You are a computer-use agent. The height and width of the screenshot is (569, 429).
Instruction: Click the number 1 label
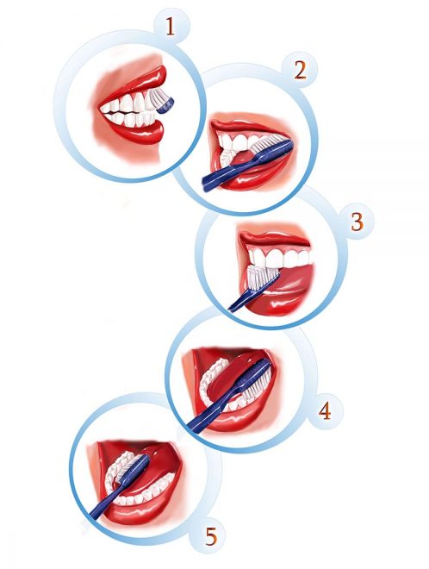(170, 27)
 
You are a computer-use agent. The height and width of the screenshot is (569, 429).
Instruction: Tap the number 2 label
(300, 71)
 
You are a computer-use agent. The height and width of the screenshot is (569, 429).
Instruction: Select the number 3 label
(357, 222)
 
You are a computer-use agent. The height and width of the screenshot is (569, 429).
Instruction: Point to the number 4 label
(325, 411)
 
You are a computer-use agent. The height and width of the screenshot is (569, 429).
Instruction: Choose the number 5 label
(211, 536)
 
